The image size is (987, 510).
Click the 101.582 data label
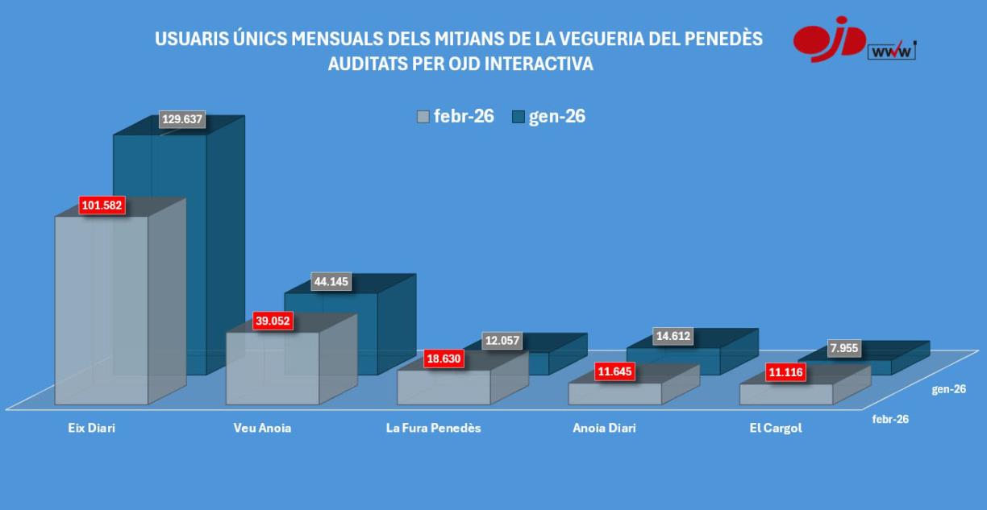[x=102, y=206]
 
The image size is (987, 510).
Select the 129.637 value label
[x=181, y=120]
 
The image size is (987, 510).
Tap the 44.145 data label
[x=333, y=282]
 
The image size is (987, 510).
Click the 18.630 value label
[x=444, y=359]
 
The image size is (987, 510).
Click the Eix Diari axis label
[x=91, y=428]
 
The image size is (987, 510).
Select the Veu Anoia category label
[x=261, y=428]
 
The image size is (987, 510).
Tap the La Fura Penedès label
[x=433, y=428]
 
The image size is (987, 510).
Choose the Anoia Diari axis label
[x=604, y=428]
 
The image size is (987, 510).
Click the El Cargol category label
[x=775, y=428]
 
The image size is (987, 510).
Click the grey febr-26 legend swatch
[x=423, y=117]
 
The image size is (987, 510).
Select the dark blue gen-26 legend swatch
[x=518, y=117]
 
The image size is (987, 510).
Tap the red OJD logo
[x=829, y=39]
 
